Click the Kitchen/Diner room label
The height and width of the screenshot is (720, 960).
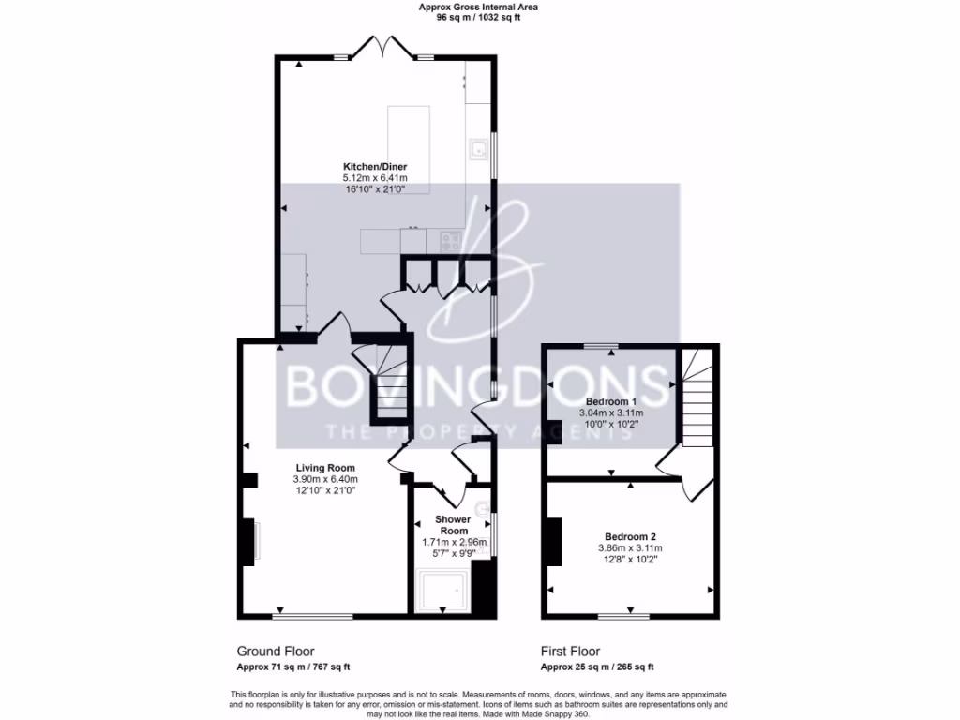[374, 166]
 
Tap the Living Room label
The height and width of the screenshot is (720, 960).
[325, 468]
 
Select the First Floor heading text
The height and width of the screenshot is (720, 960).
[570, 651]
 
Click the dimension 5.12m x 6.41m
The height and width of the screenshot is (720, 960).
[374, 177]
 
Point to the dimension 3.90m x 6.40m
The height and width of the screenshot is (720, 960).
[325, 479]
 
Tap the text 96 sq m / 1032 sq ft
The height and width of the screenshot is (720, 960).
[478, 17]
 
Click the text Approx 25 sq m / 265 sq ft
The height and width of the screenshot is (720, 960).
[597, 667]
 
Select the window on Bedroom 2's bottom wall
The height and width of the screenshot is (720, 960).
[624, 616]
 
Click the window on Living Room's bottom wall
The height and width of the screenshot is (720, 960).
[313, 616]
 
